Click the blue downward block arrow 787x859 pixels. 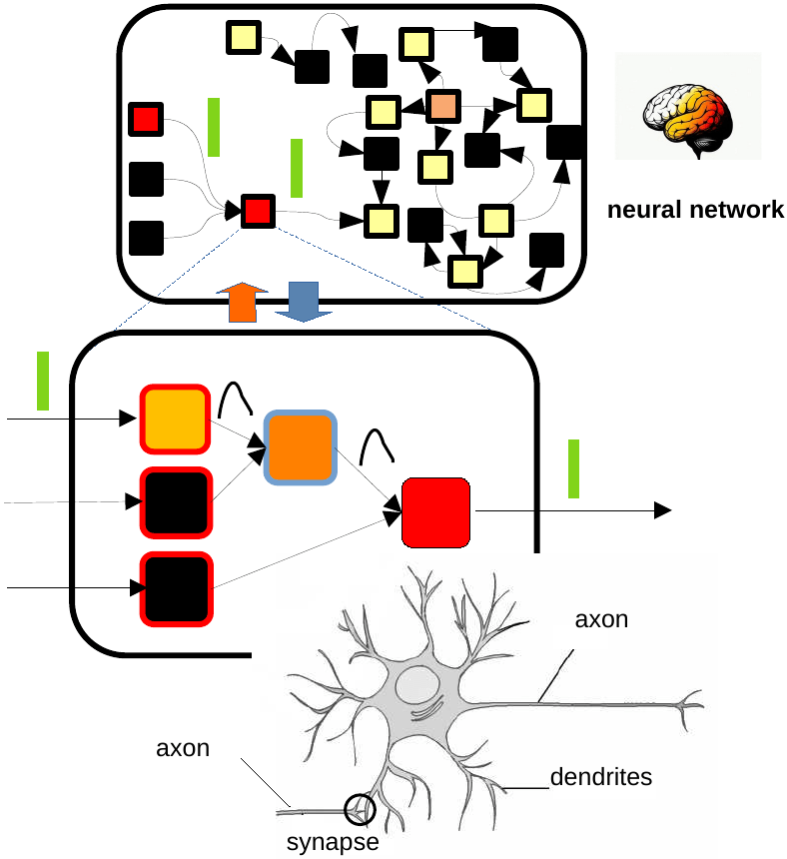click(302, 302)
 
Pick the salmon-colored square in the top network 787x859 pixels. click(442, 105)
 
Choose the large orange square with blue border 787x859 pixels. click(299, 446)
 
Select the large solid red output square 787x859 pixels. click(435, 512)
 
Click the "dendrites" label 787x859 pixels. click(601, 776)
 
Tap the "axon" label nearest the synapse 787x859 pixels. click(183, 748)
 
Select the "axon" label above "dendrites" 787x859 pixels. click(601, 619)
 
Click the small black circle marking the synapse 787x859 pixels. click(359, 809)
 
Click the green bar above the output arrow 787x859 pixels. click(573, 468)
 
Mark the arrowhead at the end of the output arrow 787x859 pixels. click(663, 510)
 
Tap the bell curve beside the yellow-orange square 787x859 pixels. click(236, 399)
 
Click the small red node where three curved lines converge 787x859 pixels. click(256, 211)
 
